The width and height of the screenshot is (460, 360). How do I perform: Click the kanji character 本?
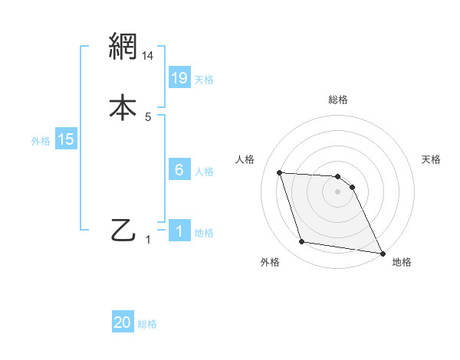pos(123,106)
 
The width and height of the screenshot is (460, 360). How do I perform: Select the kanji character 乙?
pos(123,230)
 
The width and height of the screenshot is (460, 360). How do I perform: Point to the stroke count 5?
pos(149,117)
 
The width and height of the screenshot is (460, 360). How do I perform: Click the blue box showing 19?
pos(179,78)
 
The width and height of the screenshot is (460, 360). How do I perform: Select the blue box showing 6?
pos(179,170)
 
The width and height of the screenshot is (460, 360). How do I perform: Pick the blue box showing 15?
pos(66,139)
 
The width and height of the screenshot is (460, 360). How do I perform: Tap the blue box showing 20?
pos(123,323)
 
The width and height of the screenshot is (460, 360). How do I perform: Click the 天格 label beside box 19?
pos(204,80)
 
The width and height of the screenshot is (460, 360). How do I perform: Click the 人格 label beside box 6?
pos(204,172)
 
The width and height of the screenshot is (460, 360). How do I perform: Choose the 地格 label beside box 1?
pos(204,233)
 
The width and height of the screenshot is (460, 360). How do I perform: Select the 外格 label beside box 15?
pos(41,141)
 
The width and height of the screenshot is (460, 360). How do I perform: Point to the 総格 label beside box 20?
pos(147,325)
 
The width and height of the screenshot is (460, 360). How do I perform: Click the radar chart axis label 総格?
pos(338,100)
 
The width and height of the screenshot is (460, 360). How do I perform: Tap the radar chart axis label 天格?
pos(432,159)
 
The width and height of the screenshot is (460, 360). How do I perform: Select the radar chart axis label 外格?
pos(270,262)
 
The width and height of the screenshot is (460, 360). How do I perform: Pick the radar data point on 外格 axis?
pos(302,242)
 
